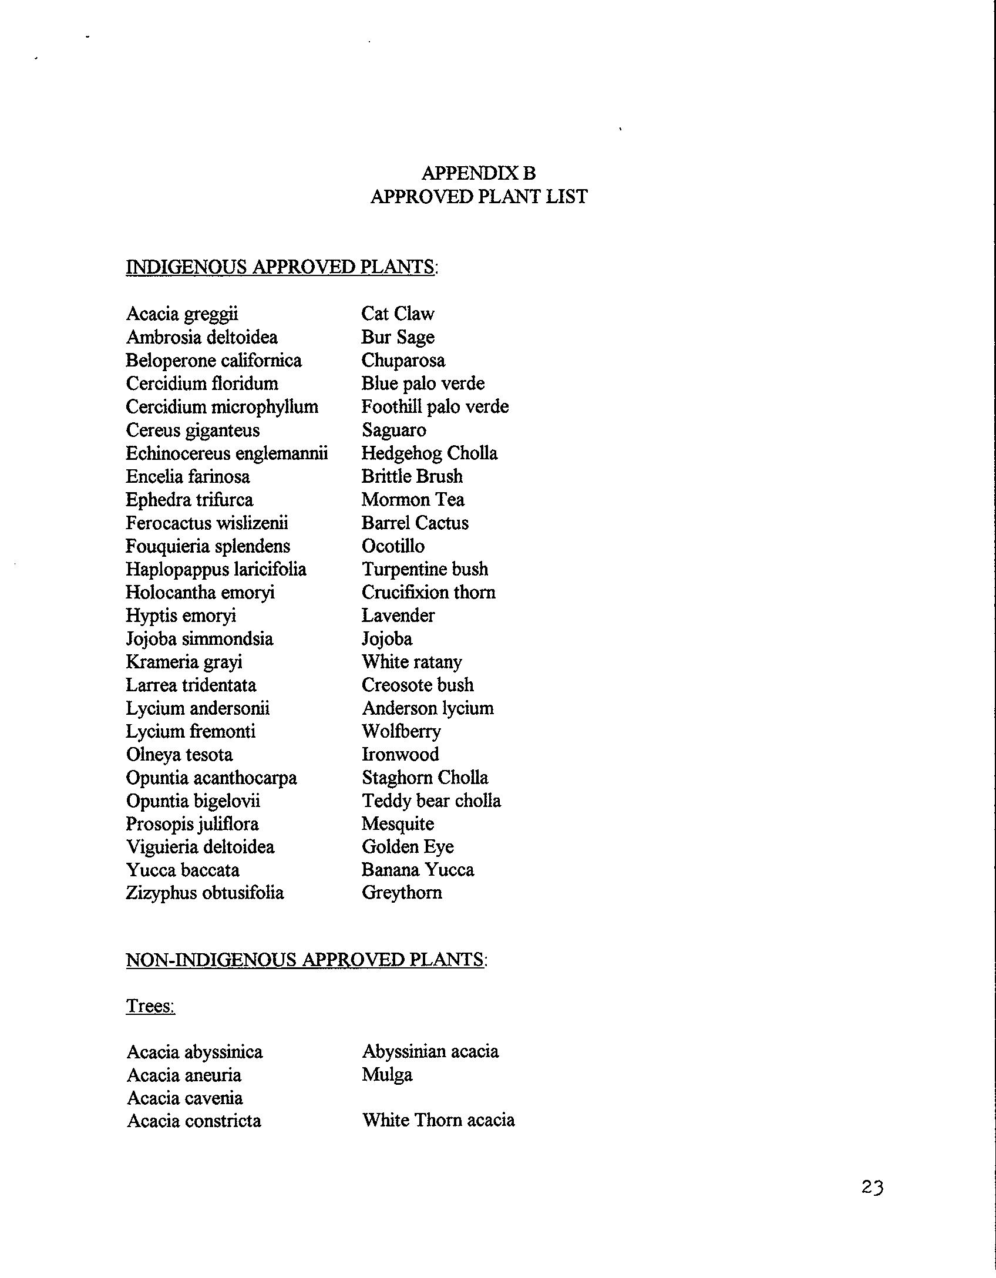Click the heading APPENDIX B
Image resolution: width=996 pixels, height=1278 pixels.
(x=478, y=173)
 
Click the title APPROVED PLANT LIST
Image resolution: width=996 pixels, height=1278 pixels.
(x=479, y=197)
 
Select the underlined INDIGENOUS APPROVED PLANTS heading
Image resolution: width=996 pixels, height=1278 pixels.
(x=281, y=267)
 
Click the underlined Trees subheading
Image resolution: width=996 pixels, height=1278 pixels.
(x=150, y=1006)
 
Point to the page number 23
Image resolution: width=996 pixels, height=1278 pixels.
(x=872, y=1188)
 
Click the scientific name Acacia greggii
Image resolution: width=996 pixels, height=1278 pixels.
(x=182, y=314)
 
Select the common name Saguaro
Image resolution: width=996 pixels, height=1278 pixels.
(x=393, y=431)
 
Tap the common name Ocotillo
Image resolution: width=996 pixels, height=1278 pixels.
(x=393, y=546)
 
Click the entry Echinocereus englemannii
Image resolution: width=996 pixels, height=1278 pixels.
(x=227, y=453)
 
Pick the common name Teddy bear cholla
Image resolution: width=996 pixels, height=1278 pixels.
(x=431, y=801)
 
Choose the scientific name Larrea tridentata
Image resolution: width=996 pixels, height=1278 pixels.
(x=191, y=685)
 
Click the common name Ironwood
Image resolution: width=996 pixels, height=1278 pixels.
(x=400, y=755)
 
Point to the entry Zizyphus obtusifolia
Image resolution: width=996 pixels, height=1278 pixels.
(x=204, y=893)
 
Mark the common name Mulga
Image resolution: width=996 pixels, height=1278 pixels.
(x=387, y=1075)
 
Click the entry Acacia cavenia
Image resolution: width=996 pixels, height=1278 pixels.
(x=184, y=1098)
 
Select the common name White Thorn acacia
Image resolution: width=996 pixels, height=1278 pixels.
(x=438, y=1121)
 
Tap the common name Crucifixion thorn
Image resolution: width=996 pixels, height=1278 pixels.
(x=428, y=593)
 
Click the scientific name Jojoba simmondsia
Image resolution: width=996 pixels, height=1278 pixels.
(x=199, y=639)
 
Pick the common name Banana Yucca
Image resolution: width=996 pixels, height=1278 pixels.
(x=418, y=870)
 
